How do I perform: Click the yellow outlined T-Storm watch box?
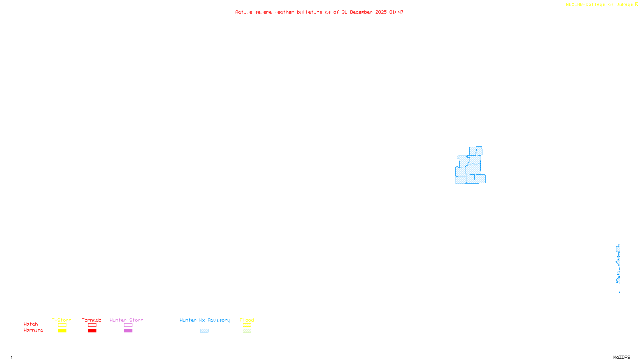[62, 325]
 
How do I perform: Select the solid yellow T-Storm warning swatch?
[62, 331]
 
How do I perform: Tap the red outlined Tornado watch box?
[92, 325]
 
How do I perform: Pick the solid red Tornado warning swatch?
[92, 331]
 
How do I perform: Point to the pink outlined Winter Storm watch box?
[128, 325]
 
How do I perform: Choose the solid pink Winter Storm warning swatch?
[128, 331]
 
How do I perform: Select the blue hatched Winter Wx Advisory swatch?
[204, 331]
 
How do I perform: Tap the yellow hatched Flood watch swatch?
[247, 325]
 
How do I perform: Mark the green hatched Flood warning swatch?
[247, 331]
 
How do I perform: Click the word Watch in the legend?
[31, 324]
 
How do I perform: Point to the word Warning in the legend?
[33, 330]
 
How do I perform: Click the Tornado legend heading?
[92, 320]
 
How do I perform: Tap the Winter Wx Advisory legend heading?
[205, 320]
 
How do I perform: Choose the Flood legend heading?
[247, 320]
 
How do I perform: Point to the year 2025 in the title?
[381, 12]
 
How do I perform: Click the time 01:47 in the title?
[396, 12]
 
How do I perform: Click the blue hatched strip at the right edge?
[618, 264]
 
